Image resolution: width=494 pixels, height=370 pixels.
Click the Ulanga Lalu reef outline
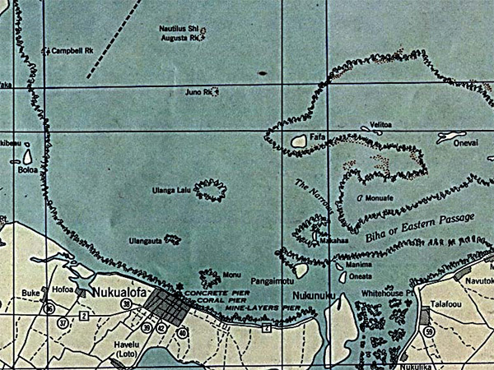[x=212, y=191]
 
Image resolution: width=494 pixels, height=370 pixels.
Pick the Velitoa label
[x=380, y=124]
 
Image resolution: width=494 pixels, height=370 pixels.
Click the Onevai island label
[x=457, y=141]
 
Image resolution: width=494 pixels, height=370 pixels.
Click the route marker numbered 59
[x=429, y=331]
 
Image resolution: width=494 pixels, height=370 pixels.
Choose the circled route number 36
[x=50, y=309]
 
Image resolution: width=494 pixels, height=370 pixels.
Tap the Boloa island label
[x=27, y=171]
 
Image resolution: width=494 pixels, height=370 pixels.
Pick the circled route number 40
[x=182, y=332]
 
